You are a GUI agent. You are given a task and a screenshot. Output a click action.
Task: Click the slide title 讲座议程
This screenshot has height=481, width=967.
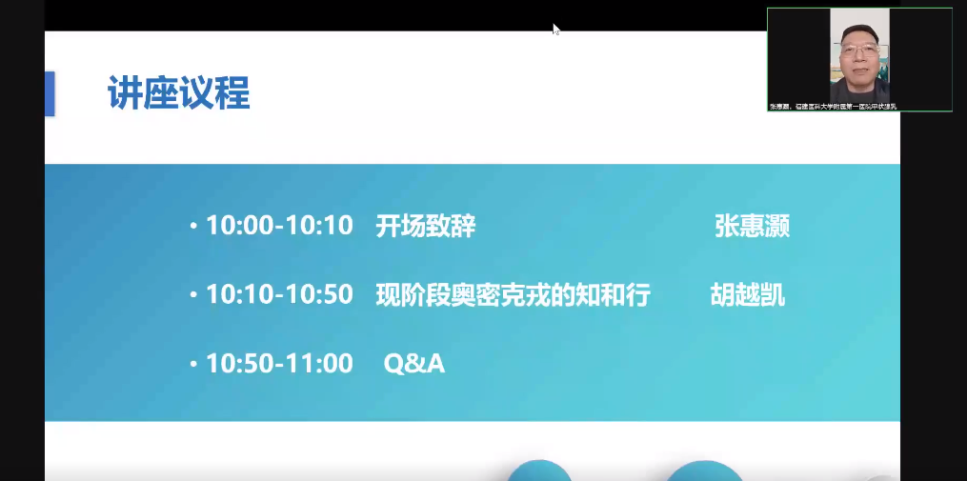[x=178, y=94]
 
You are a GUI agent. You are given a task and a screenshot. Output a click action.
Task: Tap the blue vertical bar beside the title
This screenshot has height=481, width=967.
[x=50, y=94]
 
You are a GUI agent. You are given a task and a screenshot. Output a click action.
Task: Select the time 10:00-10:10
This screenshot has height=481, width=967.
[x=279, y=227]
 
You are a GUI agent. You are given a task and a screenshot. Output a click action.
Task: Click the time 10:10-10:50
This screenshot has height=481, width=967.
[x=279, y=295]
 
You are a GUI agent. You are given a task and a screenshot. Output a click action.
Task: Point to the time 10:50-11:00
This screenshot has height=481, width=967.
[x=279, y=364]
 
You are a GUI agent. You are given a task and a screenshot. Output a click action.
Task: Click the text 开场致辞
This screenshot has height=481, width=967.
[x=425, y=227]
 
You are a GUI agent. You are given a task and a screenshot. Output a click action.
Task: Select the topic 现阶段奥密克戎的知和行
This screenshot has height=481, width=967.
[x=513, y=295]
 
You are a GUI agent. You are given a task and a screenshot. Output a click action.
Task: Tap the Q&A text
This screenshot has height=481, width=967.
[x=414, y=364]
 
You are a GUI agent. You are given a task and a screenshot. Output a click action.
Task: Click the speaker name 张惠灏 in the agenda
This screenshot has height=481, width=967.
[x=752, y=227]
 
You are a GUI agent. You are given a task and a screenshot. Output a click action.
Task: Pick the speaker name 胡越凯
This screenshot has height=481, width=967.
[x=748, y=295]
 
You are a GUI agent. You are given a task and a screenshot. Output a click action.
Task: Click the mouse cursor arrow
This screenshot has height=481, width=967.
[x=555, y=29]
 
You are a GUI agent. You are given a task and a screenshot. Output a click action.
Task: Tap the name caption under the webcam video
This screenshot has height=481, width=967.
[x=833, y=107]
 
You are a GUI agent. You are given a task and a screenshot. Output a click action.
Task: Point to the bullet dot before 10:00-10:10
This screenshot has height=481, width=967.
[x=193, y=228]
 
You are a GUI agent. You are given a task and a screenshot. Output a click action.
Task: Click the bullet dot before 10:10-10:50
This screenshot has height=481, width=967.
[x=193, y=296]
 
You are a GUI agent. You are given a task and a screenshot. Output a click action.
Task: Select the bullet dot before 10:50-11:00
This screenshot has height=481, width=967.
[x=193, y=365]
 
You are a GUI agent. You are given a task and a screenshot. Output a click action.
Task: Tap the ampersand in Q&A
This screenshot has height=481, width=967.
[x=414, y=364]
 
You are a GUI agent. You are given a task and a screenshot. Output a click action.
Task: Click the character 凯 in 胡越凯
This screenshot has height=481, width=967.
[x=773, y=295]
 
